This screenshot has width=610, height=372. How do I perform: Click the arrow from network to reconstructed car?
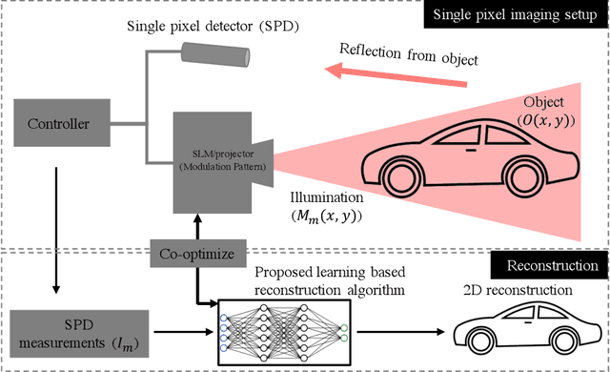(x=415, y=331)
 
